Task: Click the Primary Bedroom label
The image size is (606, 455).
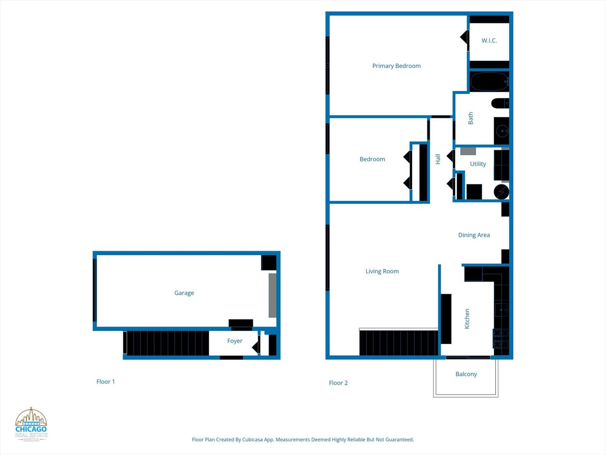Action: [396, 66]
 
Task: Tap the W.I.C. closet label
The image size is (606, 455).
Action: [489, 40]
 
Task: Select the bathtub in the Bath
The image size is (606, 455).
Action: [489, 82]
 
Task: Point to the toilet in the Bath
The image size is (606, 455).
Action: [500, 103]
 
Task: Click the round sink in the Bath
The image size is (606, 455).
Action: [502, 131]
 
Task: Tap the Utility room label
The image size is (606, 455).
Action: [478, 164]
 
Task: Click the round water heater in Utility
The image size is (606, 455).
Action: [501, 192]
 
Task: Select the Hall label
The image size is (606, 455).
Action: [438, 159]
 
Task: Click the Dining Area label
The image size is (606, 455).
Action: [474, 235]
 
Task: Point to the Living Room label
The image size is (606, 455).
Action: [382, 271]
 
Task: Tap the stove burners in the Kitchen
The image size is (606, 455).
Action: [501, 338]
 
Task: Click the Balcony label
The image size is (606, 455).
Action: [466, 374]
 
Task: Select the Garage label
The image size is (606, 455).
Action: [184, 293]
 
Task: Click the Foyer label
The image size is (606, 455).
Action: [234, 341]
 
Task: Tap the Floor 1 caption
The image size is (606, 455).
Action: [106, 382]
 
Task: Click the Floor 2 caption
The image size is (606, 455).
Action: [338, 383]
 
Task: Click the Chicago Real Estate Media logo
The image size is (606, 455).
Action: [31, 425]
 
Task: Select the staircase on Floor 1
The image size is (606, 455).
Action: [167, 343]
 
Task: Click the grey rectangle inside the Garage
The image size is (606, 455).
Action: [272, 295]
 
